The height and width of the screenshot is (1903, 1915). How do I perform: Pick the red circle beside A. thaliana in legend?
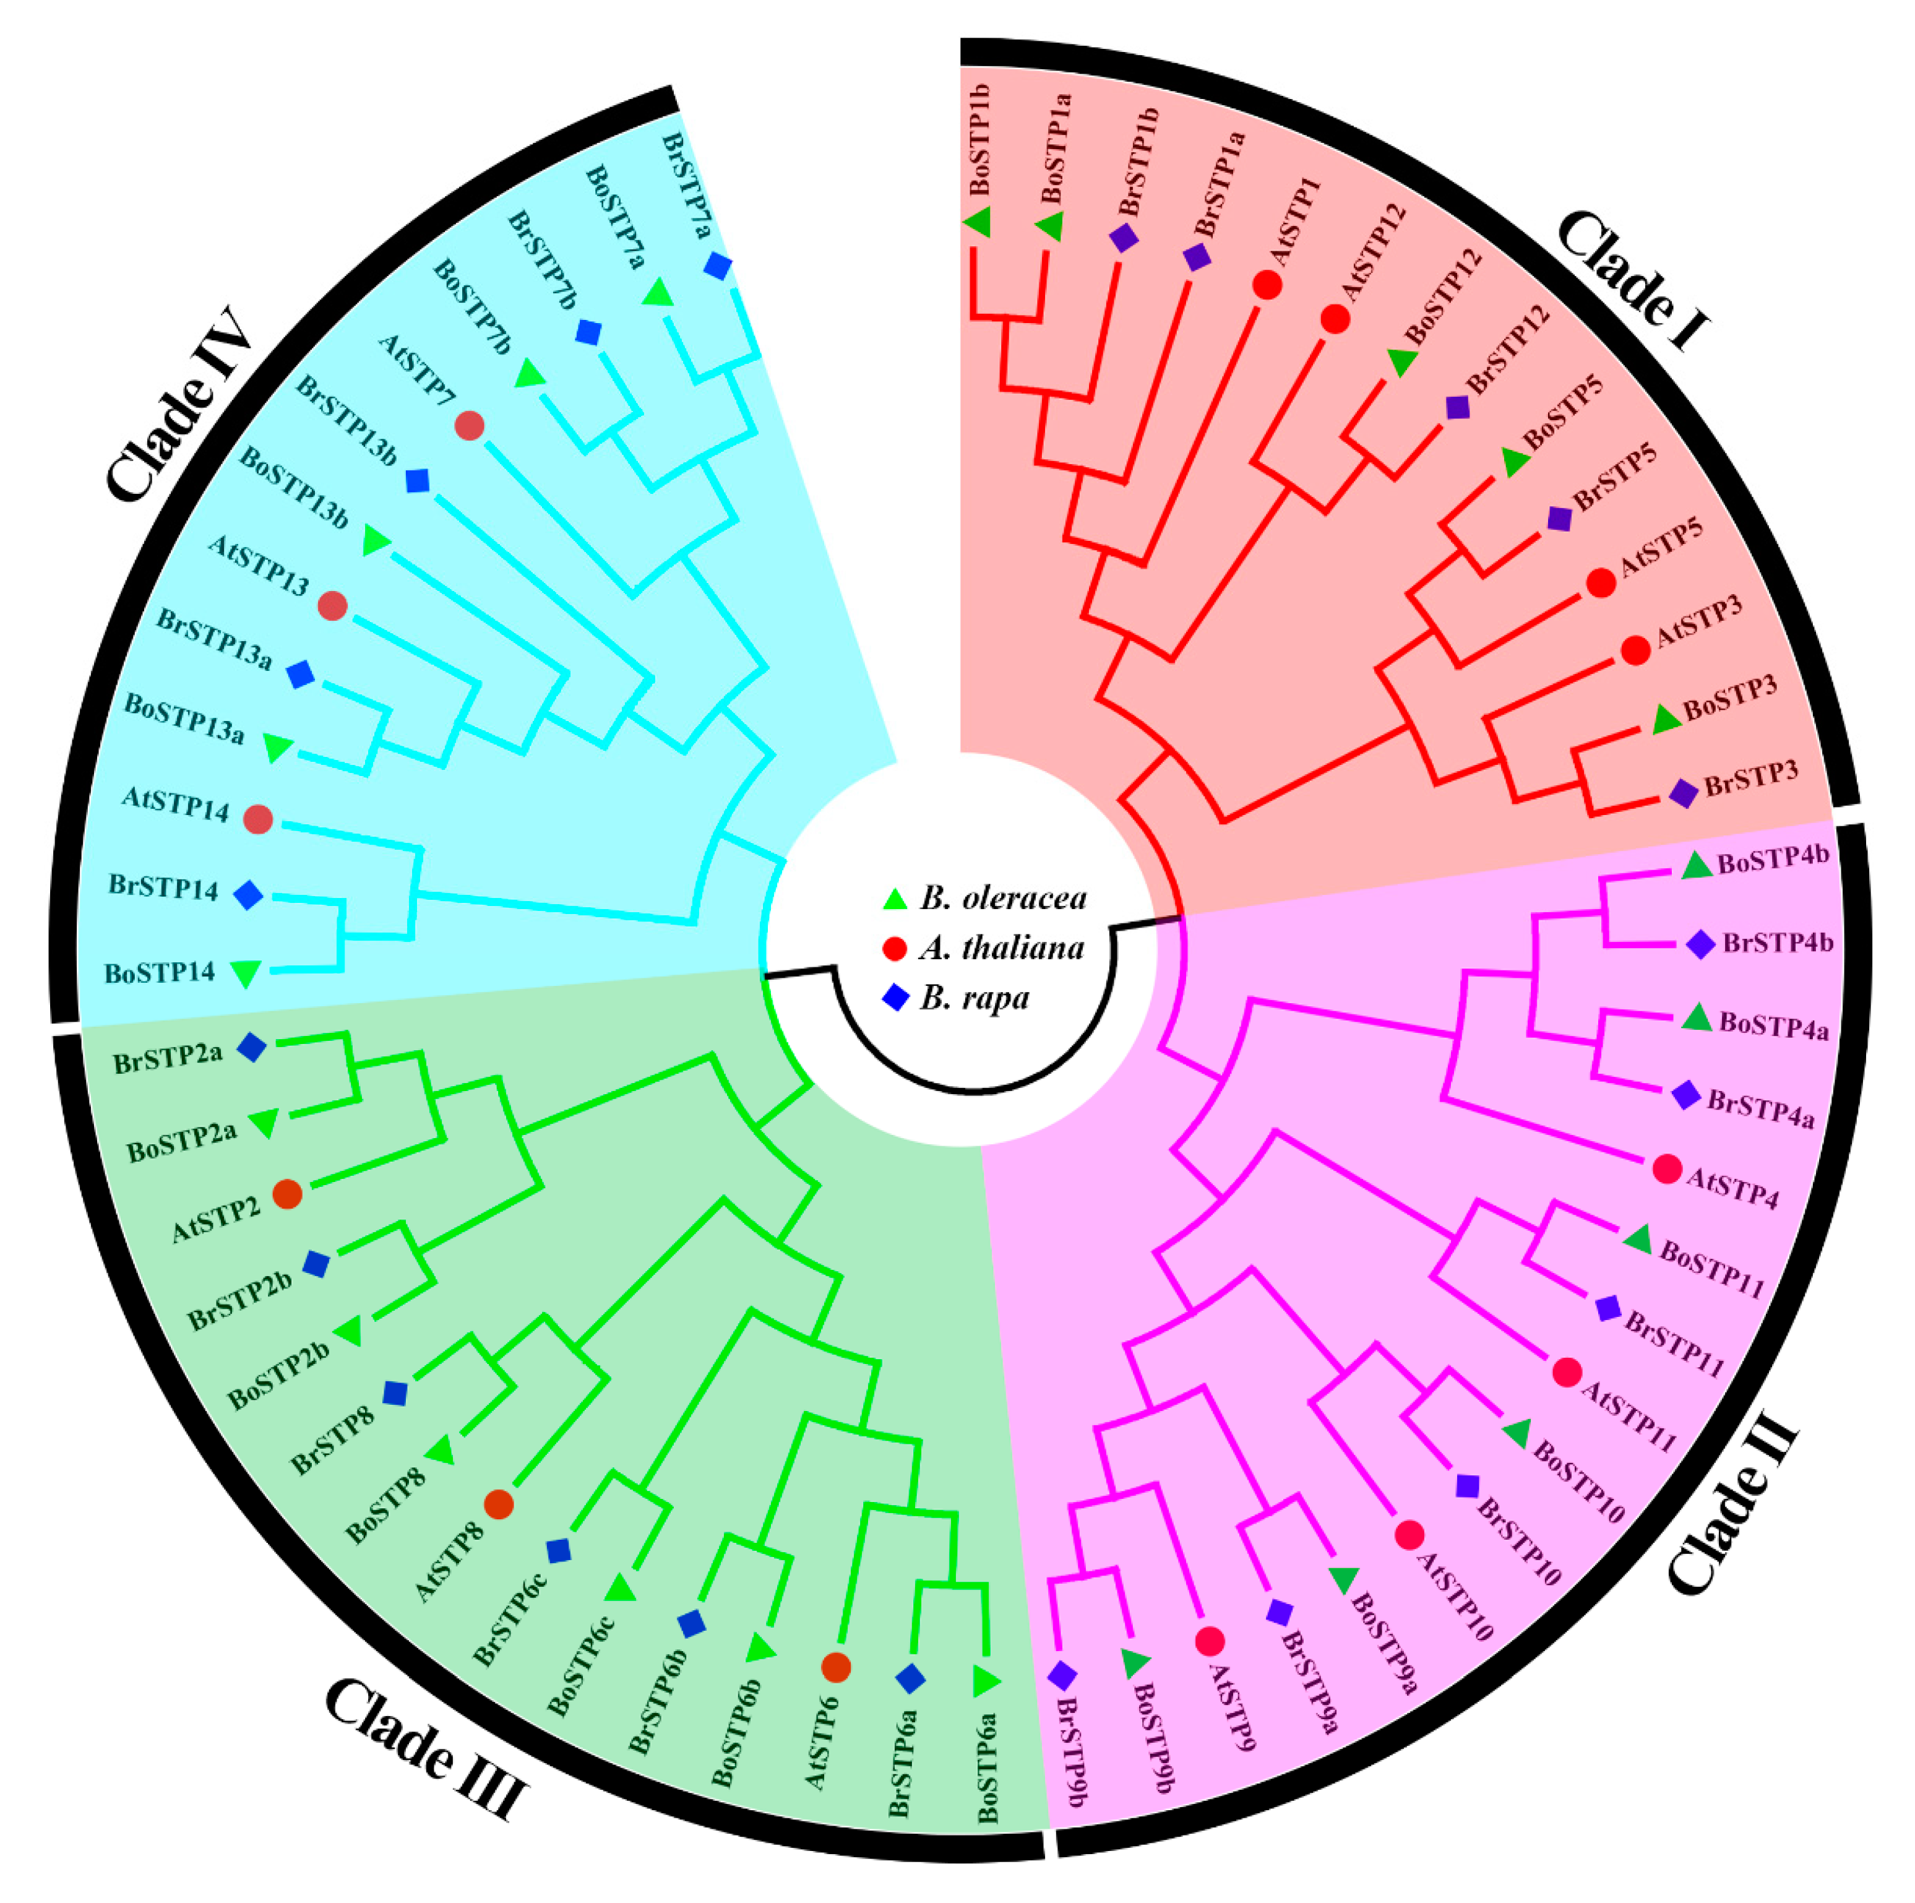[x=895, y=949]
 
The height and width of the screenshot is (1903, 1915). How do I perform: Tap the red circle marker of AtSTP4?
[x=1668, y=1170]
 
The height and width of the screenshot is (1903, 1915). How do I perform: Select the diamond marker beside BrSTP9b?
[x=1062, y=1675]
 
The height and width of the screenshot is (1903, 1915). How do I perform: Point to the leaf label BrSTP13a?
[x=213, y=638]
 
